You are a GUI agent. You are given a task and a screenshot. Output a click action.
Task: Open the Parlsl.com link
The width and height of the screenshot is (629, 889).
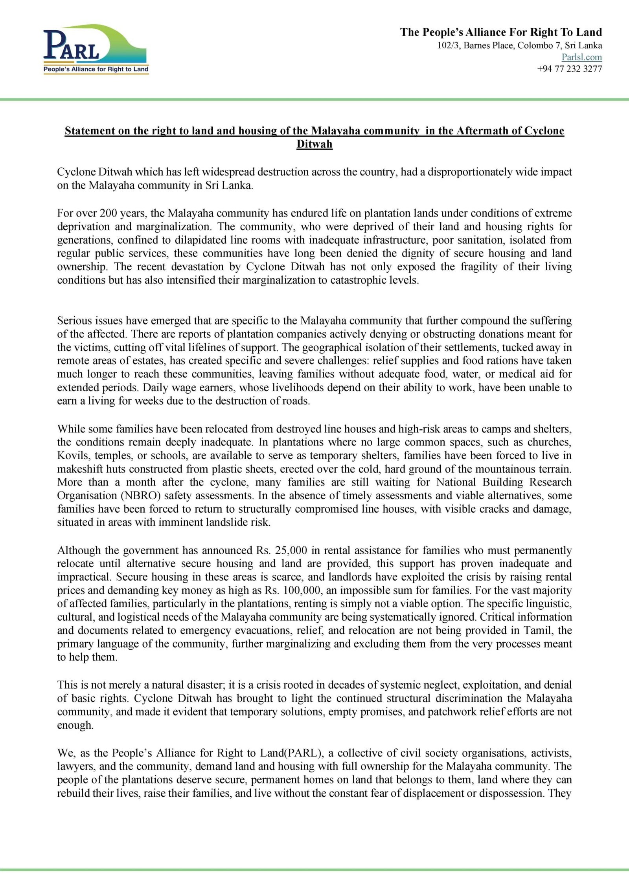coord(581,57)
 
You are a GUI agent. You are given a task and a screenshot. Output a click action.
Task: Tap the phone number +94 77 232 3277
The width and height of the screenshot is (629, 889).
coord(569,69)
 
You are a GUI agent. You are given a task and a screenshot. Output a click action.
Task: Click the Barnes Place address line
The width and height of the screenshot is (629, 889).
coord(519,45)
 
